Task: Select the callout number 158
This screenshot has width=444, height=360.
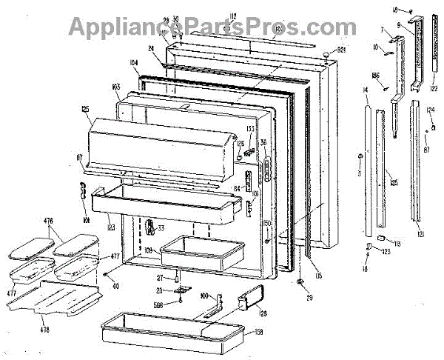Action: coord(259,332)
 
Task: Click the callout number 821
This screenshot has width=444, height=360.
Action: coord(342,50)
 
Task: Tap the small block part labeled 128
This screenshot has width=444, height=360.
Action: coord(246,301)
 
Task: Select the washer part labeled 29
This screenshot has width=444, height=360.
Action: coord(300,282)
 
